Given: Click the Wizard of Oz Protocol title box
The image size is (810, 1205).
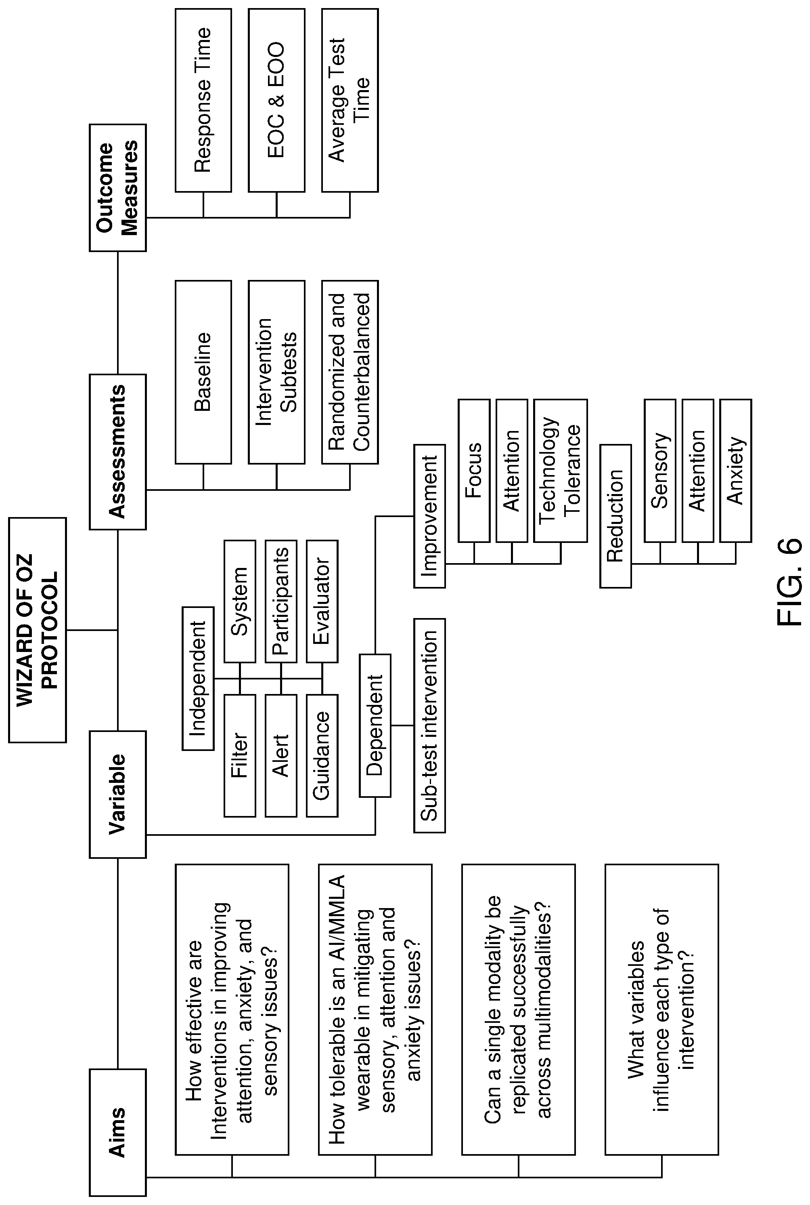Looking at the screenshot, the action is (x=38, y=630).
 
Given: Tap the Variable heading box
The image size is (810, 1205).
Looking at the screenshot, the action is (x=118, y=794).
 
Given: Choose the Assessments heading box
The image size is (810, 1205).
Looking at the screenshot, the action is (x=118, y=452).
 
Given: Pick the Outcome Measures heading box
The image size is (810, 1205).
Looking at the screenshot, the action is (x=118, y=188).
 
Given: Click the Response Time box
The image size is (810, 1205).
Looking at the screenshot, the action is (x=203, y=100).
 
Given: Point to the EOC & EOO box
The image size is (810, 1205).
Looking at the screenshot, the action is (x=276, y=100).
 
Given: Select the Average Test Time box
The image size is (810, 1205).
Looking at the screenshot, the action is (x=350, y=100).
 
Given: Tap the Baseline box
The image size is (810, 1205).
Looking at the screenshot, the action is (x=203, y=372).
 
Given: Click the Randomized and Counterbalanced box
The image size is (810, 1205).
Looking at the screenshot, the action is (x=350, y=372).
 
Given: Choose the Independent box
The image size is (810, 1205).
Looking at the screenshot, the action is (x=198, y=678).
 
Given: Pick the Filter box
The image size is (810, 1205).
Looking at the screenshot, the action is (x=240, y=756).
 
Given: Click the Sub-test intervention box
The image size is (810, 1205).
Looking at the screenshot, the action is (x=429, y=725).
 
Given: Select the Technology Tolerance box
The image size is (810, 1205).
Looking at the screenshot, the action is (x=561, y=471).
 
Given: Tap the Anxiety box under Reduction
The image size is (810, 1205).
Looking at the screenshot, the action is (x=736, y=471).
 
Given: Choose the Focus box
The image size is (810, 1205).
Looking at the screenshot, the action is (x=474, y=471).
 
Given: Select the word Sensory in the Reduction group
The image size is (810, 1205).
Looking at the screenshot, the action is (x=660, y=471).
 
